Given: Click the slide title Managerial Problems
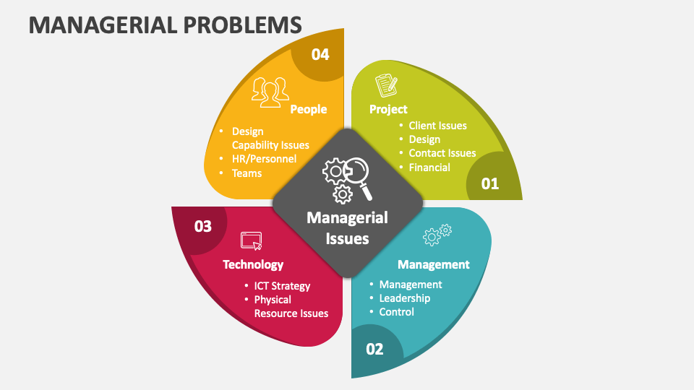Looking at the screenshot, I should tap(165, 25).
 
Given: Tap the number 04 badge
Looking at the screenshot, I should tap(320, 54).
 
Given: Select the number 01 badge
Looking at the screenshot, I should tap(490, 183).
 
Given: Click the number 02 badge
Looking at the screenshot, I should tap(374, 349).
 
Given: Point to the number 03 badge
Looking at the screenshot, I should tap(203, 226).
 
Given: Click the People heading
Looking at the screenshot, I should tap(309, 109).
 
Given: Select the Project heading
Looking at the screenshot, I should tap(388, 109).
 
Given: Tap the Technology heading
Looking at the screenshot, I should tap(253, 264).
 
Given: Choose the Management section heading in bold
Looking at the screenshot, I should tap(434, 264).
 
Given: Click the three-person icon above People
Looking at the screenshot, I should tap(270, 92).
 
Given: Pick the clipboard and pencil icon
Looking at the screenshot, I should tap(386, 85).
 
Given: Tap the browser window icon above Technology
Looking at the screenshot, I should tap(252, 240).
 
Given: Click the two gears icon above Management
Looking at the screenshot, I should tap(437, 234).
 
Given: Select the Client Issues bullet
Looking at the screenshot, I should tap(437, 126).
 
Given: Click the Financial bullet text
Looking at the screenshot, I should tap(429, 168).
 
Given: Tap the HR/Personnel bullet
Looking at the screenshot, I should tap(264, 159).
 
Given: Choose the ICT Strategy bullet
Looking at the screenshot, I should tap(282, 286).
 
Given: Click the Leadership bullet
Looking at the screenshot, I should tap(404, 298).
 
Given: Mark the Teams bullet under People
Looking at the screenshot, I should tap(247, 173).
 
